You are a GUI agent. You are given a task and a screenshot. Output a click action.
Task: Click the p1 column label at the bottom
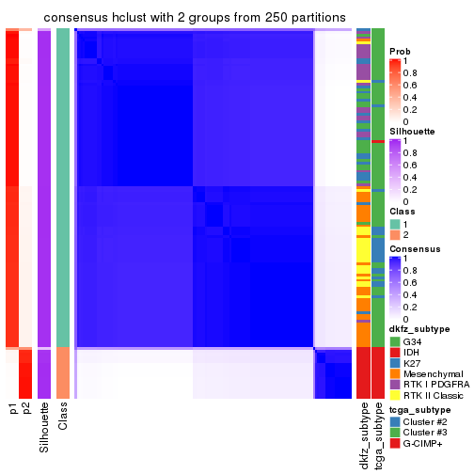pyautogui.click(x=13, y=408)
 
